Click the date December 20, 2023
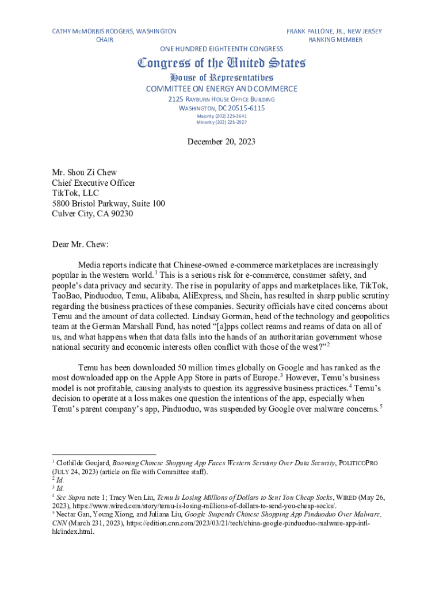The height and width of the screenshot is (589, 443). tap(221, 141)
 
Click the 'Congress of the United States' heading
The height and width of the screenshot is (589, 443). tap(221, 63)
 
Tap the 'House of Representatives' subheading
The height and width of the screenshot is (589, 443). tap(221, 78)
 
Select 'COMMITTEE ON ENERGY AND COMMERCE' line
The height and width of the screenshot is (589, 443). tap(221, 89)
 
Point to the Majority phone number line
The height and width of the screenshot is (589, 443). tap(221, 116)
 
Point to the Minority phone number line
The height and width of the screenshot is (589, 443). tap(221, 122)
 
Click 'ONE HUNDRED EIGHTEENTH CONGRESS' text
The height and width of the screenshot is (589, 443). tap(221, 49)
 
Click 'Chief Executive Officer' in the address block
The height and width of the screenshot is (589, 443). tap(93, 183)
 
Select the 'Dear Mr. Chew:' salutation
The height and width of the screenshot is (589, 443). tap(81, 244)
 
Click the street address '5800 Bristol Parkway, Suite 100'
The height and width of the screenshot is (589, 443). tap(109, 204)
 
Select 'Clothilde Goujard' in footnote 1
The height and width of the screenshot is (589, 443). tap(82, 462)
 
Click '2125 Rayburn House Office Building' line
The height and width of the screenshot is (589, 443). tap(221, 100)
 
